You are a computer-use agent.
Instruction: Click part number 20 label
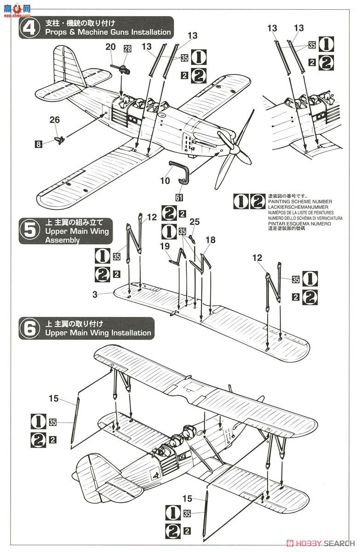click(110, 46)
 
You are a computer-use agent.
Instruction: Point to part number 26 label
click(55, 120)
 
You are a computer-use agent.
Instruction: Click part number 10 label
click(165, 181)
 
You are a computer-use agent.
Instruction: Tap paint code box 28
click(127, 49)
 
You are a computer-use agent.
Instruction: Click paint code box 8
click(39, 144)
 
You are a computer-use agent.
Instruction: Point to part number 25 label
click(195, 222)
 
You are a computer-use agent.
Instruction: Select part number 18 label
click(210, 240)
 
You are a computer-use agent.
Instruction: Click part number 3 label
click(95, 295)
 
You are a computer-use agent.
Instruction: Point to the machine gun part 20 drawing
click(120, 69)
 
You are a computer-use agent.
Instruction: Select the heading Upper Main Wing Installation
click(98, 333)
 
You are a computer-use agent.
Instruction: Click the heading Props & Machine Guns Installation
click(108, 32)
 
